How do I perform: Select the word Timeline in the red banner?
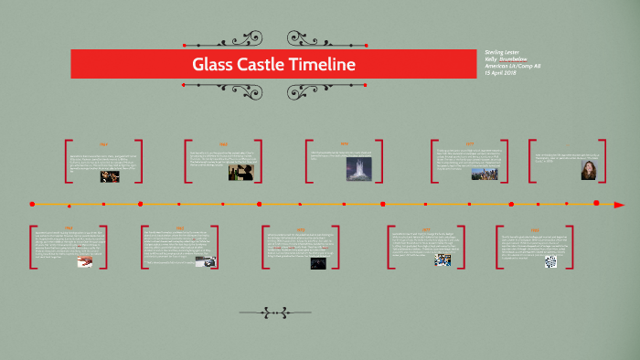click(x=322, y=65)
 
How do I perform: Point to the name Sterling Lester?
click(x=504, y=52)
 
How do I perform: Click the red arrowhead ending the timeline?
click(x=619, y=205)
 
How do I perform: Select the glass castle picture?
click(x=359, y=169)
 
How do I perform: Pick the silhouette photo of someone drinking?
click(x=240, y=171)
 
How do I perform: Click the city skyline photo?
click(x=484, y=172)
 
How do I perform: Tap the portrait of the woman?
click(x=588, y=171)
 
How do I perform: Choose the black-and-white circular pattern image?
click(x=550, y=261)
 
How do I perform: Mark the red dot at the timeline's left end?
click(x=32, y=204)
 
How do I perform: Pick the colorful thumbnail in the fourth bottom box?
click(x=443, y=260)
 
